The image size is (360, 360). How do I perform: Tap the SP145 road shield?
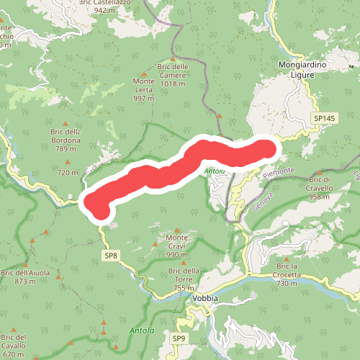[x=324, y=117]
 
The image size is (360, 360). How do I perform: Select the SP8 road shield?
[x=110, y=255]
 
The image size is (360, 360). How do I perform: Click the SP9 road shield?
[x=179, y=338]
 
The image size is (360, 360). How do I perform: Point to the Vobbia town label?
[x=206, y=297]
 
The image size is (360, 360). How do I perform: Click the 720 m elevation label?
[x=68, y=173]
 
